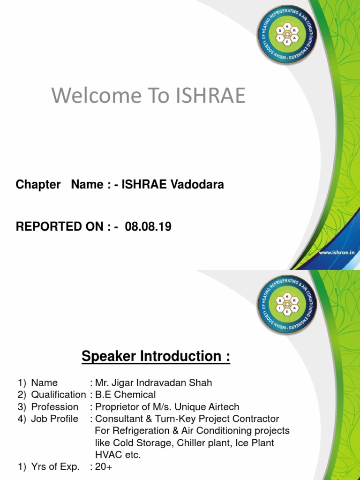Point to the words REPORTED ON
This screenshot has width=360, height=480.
(60, 227)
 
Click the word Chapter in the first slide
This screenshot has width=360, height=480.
(38, 185)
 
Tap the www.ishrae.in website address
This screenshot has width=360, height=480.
(336, 252)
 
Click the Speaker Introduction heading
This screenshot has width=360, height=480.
(156, 356)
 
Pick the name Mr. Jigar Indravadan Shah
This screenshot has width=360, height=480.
(154, 382)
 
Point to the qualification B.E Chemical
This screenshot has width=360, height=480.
(126, 395)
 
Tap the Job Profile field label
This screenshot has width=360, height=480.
(54, 419)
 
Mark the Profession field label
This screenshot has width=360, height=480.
(54, 407)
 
